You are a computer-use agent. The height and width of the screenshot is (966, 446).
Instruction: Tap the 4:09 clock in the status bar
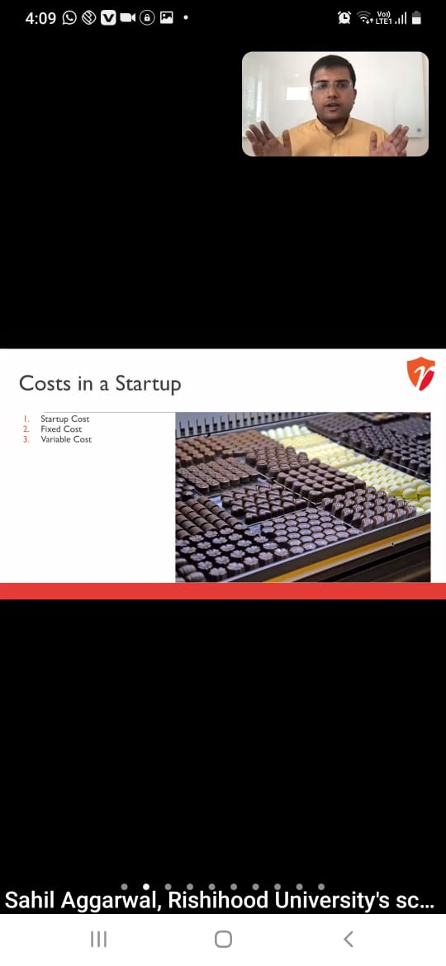(x=40, y=18)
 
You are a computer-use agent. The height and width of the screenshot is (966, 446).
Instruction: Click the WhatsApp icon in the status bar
(x=69, y=18)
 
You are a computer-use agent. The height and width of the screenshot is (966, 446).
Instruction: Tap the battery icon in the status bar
(x=416, y=18)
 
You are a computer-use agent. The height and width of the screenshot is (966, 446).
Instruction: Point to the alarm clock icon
(x=344, y=18)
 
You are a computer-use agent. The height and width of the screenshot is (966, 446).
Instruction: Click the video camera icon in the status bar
(x=128, y=18)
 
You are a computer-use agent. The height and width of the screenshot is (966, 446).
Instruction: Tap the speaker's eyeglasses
(x=332, y=86)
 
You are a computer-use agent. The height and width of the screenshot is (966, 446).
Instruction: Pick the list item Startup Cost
(x=64, y=419)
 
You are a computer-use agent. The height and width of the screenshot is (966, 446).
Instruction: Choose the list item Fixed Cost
(x=61, y=429)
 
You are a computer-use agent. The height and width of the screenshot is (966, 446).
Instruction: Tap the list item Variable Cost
(x=66, y=439)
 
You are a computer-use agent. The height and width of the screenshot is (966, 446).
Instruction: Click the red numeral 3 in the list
(x=26, y=439)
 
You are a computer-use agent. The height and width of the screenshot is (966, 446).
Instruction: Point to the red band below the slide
(x=223, y=591)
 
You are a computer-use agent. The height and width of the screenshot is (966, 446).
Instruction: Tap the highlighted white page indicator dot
(x=146, y=887)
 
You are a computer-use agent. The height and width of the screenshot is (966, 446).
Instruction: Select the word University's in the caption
(x=331, y=902)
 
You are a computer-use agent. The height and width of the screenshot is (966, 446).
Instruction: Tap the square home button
(x=223, y=939)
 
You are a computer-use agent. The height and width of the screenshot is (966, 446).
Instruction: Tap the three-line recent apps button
(x=98, y=939)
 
